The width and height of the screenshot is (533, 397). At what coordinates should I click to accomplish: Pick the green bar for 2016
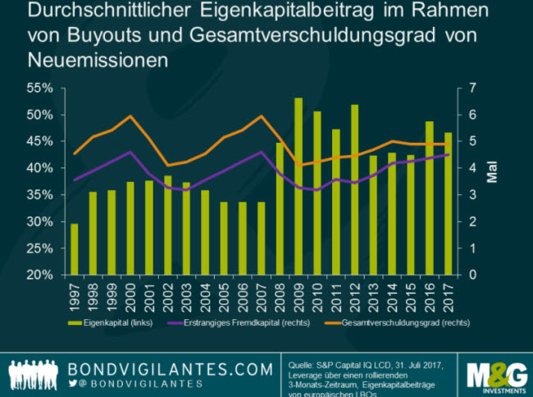[429, 198]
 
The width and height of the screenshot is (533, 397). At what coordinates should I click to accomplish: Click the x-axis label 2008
[280, 294]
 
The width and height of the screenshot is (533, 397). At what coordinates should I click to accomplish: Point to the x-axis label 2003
[186, 294]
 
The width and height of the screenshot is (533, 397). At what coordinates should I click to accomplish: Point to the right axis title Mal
[491, 175]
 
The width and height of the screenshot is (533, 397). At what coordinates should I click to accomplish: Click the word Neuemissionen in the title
[86, 61]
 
